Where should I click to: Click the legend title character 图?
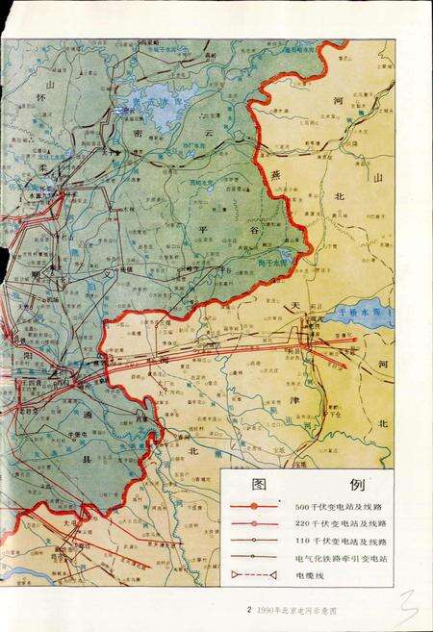pos(258,483)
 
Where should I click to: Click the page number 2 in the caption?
pos(248,609)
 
